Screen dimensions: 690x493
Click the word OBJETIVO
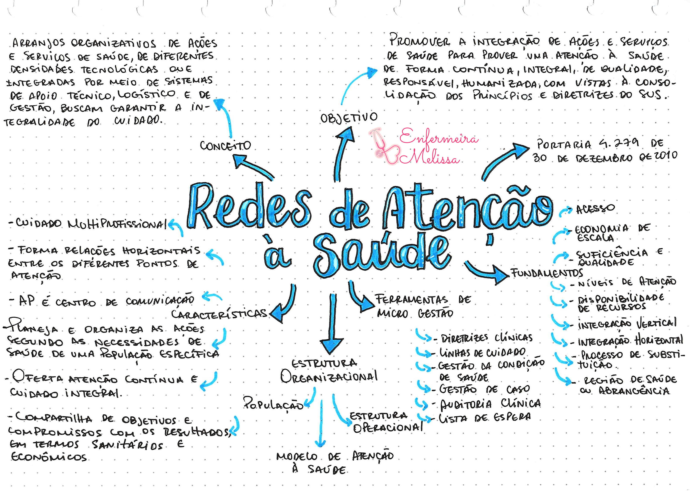[349, 117]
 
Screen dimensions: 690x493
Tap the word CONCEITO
[225, 145]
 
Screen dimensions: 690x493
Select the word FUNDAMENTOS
[547, 273]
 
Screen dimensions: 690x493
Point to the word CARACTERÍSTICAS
[219, 313]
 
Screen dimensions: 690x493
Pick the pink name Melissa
[434, 157]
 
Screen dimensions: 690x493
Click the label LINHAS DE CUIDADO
[482, 352]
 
